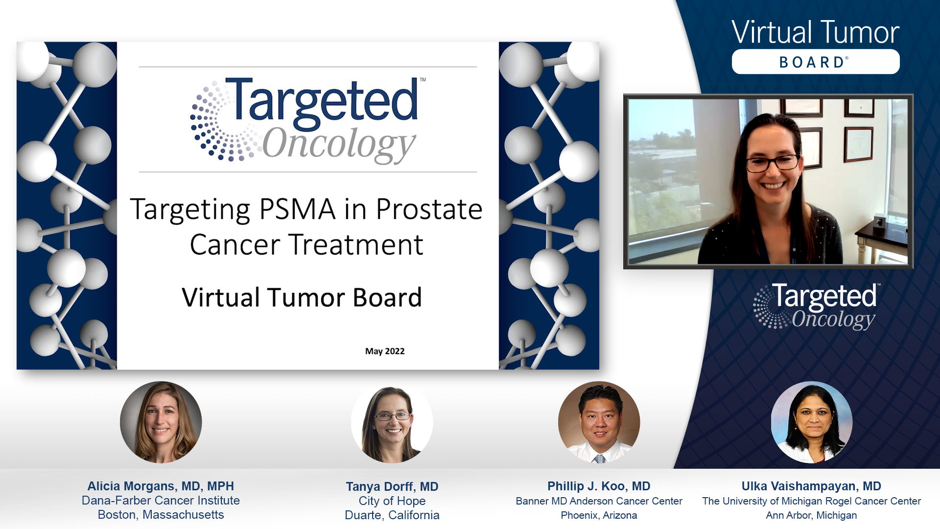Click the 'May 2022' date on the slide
coord(385,351)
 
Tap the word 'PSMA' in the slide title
coord(297,209)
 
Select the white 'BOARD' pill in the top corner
coord(816,62)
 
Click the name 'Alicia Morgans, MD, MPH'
coord(161,486)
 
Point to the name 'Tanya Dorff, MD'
coord(392,486)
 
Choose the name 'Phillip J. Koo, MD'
coord(599,486)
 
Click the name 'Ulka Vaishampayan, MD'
coord(811,486)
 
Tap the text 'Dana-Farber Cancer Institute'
coord(161,501)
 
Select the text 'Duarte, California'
coord(392,515)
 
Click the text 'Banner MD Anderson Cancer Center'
coord(599,501)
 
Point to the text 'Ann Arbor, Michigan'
coord(811,515)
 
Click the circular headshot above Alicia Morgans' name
coord(161,422)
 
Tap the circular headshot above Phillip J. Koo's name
coord(599,422)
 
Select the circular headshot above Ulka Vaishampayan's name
coord(811,422)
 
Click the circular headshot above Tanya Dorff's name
coord(392,422)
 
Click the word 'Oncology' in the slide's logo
coord(339,144)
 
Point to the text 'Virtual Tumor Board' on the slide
coord(302,297)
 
